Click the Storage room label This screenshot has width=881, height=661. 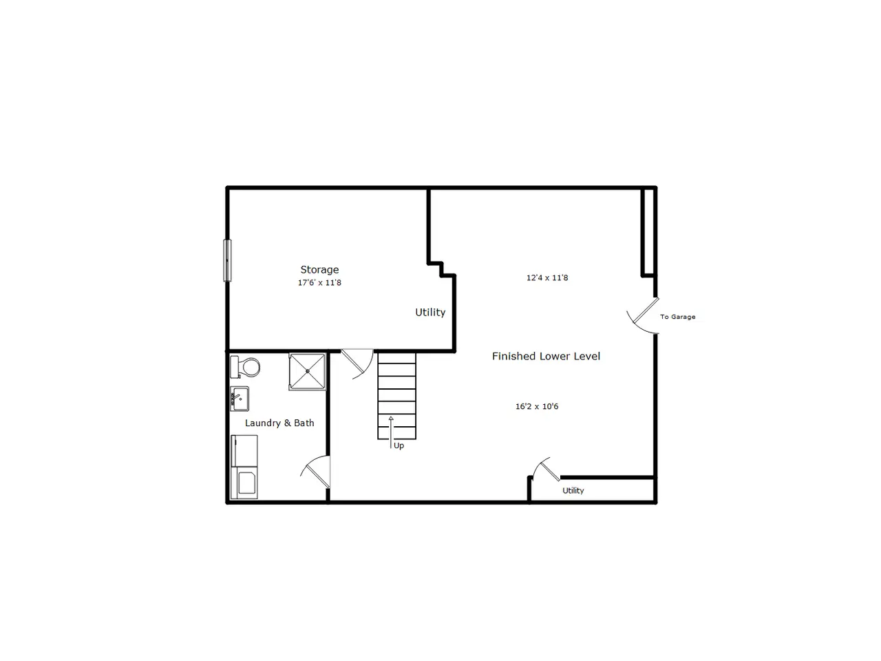coord(319,270)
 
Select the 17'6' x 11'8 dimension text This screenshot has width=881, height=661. coord(319,282)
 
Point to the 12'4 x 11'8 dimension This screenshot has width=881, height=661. coord(547,277)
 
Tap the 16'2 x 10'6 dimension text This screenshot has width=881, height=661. coord(537,406)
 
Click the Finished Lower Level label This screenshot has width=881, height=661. coord(546,356)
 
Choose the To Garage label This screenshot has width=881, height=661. coord(677,317)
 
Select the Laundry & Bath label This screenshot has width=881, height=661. coord(279,423)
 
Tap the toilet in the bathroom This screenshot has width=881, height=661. coord(245,367)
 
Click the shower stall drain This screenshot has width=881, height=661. coord(308,372)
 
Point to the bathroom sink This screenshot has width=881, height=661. coord(240,399)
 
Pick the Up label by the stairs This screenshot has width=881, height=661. coord(399,446)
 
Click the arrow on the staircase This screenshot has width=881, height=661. coord(390,432)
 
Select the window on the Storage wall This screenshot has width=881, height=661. coord(227,260)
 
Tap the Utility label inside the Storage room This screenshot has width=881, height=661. coord(430,312)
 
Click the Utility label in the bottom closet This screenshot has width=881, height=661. coord(573,490)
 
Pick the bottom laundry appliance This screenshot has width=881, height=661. coord(244,483)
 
